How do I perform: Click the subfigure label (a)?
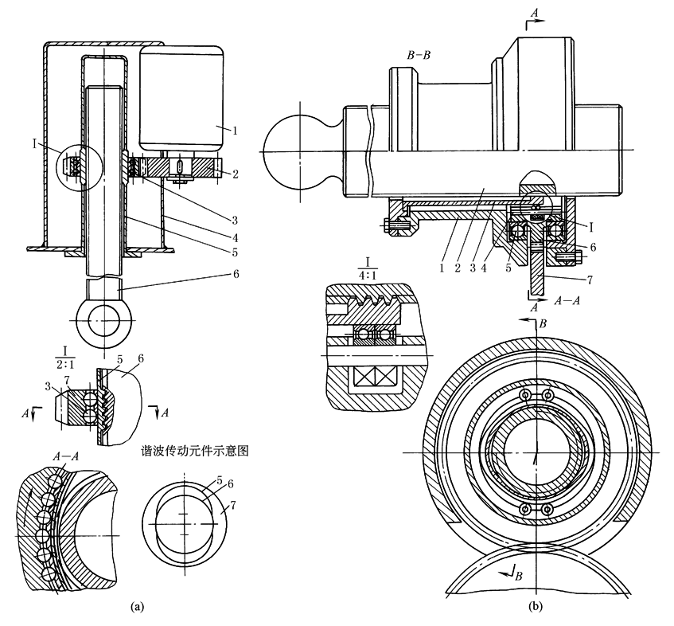coord(137,607)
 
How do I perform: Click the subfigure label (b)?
coord(536,607)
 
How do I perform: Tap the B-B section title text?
coord(419,56)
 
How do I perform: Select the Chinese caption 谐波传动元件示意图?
coord(195,451)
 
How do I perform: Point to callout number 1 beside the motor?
coord(235,131)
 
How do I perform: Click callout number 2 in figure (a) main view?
coord(235,174)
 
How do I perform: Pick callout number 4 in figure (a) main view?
coord(235,237)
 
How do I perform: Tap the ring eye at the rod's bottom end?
coord(104,320)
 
